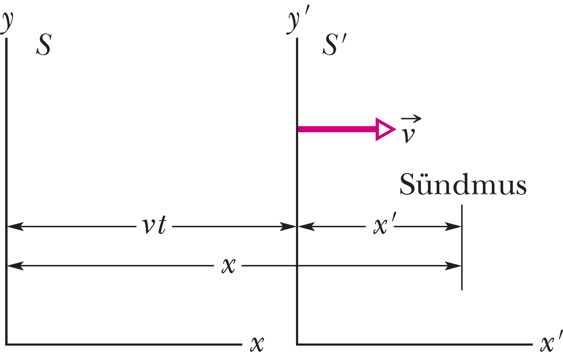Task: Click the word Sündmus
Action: (463, 184)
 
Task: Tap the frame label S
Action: (44, 45)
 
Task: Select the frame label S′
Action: (334, 44)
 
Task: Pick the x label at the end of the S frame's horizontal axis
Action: (257, 344)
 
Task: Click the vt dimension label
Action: (154, 224)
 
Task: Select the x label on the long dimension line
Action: (228, 266)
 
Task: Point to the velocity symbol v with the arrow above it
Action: (410, 129)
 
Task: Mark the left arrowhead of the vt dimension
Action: (15, 226)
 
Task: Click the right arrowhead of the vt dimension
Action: (288, 226)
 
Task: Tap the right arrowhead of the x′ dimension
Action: (453, 226)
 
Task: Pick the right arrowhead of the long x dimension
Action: (453, 266)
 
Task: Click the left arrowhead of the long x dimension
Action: (15, 266)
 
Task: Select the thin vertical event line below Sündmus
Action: (462, 247)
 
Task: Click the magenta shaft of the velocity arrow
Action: (337, 129)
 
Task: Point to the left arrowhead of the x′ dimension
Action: (306, 226)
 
